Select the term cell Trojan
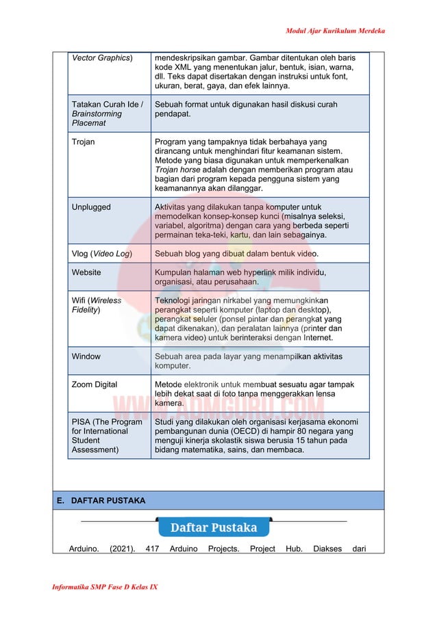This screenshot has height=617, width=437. (x=84, y=142)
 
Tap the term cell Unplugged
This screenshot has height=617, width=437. (x=91, y=207)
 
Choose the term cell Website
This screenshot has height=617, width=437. (x=86, y=272)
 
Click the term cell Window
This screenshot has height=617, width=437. (x=86, y=356)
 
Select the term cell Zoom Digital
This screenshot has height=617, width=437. (x=95, y=384)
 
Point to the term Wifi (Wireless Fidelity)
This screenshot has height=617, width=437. (x=97, y=305)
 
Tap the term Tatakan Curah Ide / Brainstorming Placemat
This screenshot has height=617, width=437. (x=108, y=114)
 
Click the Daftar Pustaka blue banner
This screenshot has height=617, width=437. (x=213, y=527)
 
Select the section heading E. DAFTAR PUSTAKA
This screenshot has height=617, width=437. (x=101, y=501)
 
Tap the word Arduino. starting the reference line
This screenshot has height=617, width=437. (x=84, y=549)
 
